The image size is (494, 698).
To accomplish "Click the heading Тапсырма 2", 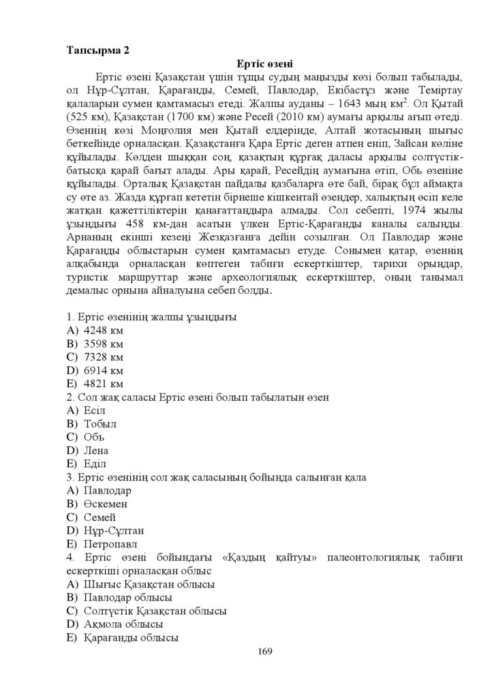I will [97, 50].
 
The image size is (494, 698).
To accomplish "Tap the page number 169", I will [265, 652].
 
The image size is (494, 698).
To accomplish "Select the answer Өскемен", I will [105, 504].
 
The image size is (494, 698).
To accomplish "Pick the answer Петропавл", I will [109, 544].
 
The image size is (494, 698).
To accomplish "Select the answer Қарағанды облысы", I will [130, 638].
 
